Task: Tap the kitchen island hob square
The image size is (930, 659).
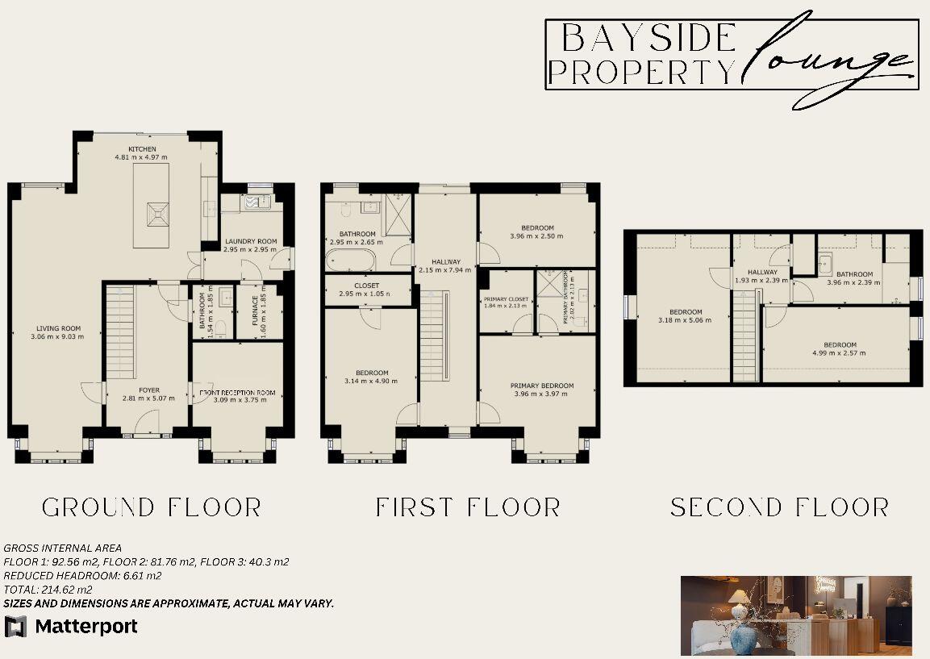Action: click(156, 213)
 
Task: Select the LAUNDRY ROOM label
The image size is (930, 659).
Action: click(251, 241)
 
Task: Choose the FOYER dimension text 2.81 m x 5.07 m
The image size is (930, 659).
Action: click(148, 398)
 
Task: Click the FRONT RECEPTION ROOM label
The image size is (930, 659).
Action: click(237, 393)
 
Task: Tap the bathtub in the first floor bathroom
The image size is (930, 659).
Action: click(350, 261)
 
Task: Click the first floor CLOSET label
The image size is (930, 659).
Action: click(366, 286)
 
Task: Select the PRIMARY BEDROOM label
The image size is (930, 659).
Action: click(542, 386)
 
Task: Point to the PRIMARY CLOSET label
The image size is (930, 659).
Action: click(507, 299)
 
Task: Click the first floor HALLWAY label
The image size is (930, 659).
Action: click(445, 261)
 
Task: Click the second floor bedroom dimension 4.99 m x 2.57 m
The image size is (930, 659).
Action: click(839, 352)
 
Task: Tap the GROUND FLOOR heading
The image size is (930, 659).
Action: click(152, 507)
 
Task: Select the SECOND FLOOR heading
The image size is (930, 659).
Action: click(779, 507)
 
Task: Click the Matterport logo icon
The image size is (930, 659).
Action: click(15, 626)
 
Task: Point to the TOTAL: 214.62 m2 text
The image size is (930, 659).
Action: click(48, 590)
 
